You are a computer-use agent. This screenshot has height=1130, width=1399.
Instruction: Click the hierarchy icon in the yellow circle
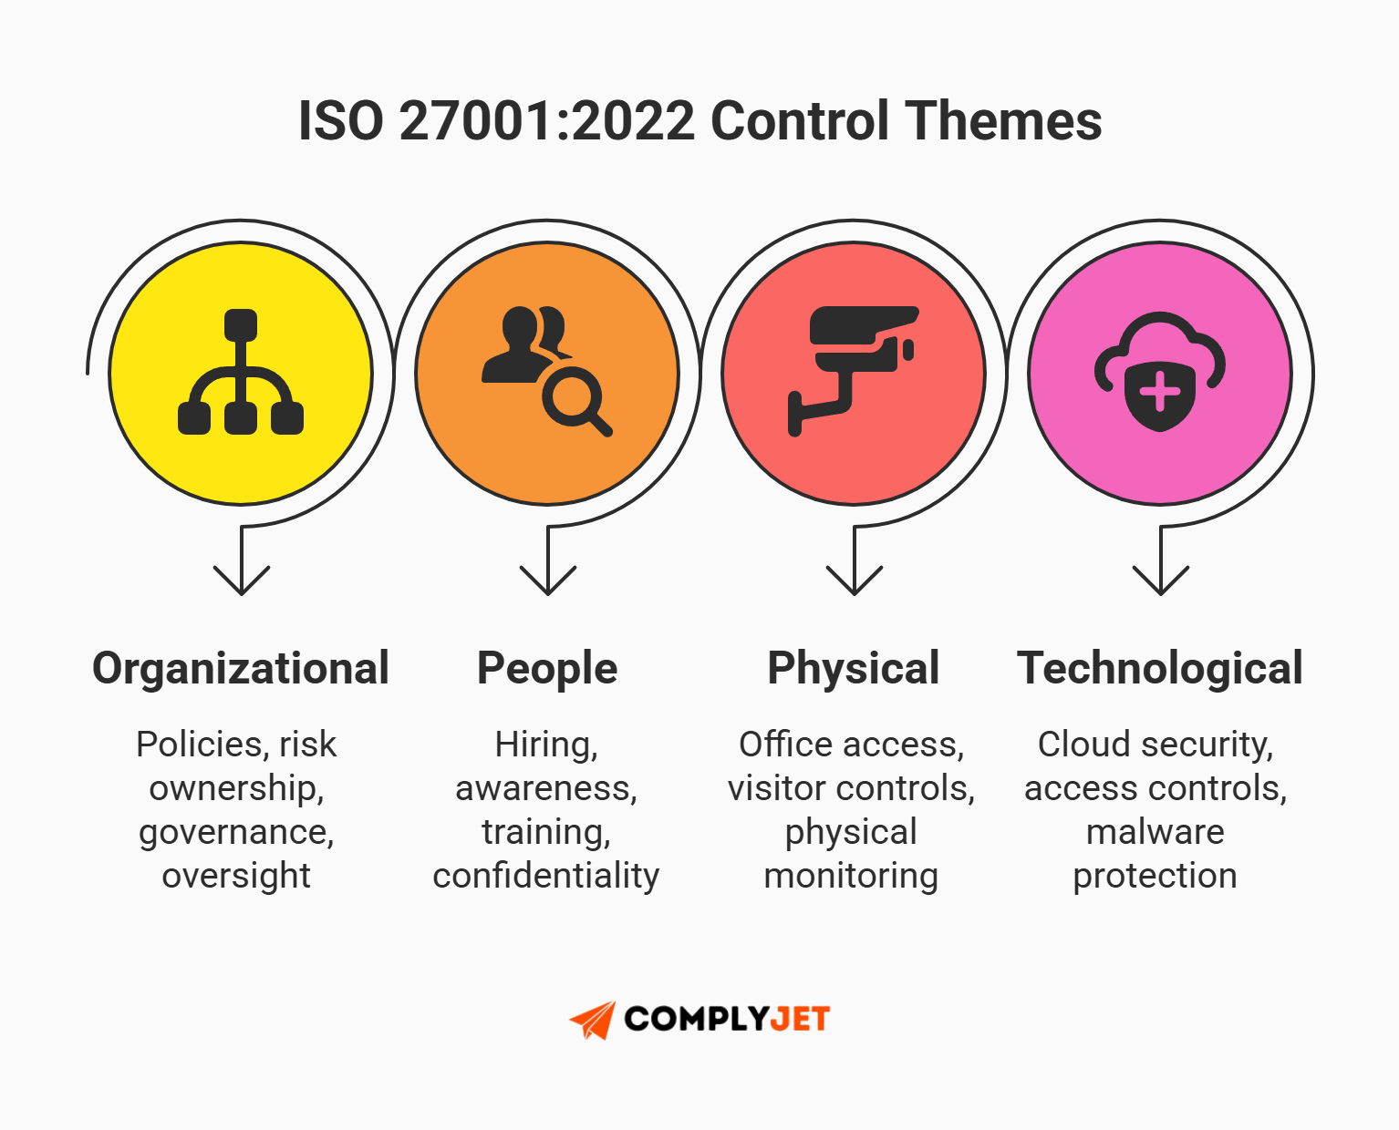240,373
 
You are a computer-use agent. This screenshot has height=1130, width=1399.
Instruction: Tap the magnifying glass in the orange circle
575,402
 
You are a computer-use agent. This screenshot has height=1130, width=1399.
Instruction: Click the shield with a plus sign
1158,395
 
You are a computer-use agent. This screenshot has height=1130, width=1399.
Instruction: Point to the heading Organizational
241,668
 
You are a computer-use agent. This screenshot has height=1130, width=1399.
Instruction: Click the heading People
547,668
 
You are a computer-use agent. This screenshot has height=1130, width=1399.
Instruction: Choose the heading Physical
853,668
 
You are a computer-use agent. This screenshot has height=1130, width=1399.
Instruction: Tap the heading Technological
1159,668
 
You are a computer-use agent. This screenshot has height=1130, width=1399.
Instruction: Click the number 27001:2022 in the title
547,120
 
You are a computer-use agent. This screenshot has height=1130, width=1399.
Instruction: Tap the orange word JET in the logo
799,1019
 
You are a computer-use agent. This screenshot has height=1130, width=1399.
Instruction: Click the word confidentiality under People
545,876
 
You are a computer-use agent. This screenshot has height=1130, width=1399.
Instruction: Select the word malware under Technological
1155,832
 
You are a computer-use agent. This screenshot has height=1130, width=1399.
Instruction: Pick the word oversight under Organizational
236,876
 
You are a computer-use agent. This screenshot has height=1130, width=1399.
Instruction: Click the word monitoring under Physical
851,876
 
